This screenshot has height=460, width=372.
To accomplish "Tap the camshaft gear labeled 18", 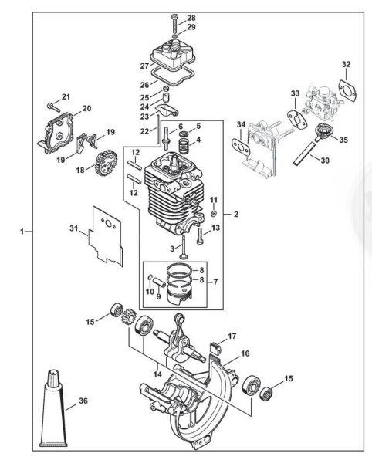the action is pos(107,161).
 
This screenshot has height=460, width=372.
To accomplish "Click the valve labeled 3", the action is pos(184,247).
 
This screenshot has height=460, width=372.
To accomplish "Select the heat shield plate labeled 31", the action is pos(107,236).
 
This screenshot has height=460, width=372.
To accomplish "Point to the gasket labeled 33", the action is pos(297,120).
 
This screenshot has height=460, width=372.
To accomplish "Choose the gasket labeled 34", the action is pos(241,146).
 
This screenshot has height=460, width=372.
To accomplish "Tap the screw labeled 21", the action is pos(53,107).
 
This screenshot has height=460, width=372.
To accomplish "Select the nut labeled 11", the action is pos(214,213).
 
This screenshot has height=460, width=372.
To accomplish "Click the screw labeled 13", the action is pos(200,236).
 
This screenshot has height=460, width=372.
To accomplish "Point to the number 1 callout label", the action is pos(21,232).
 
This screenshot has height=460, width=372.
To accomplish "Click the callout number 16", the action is pos(245,353).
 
